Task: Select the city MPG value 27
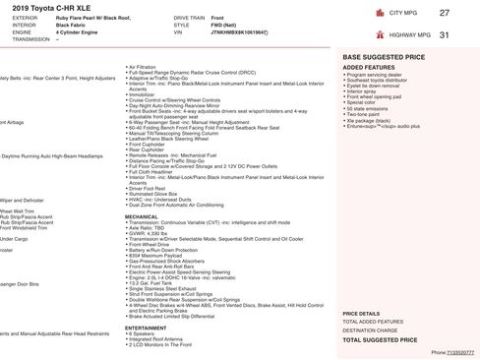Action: pyautogui.click(x=444, y=12)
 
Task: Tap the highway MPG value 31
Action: pyautogui.click(x=444, y=34)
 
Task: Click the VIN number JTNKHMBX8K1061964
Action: pyautogui.click(x=240, y=32)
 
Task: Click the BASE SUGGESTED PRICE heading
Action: pyautogui.click(x=383, y=58)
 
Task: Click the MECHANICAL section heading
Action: pyautogui.click(x=142, y=216)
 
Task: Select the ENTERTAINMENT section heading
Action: pyautogui.click(x=147, y=328)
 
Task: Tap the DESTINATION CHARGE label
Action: pyautogui.click(x=371, y=330)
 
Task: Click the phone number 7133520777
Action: pyautogui.click(x=460, y=351)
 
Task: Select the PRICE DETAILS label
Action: pyautogui.click(x=361, y=313)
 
